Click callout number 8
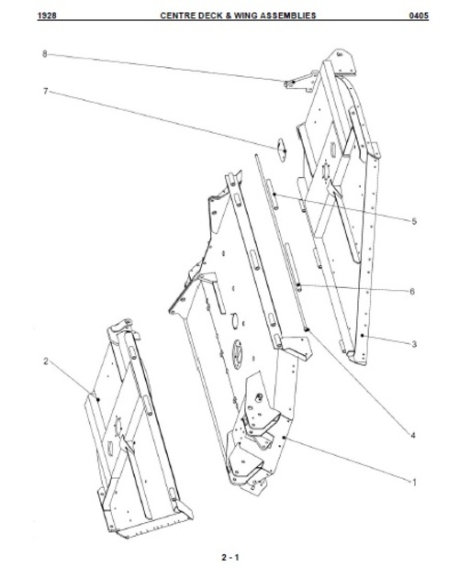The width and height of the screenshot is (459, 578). (45, 54)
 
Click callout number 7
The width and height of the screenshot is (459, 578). (46, 91)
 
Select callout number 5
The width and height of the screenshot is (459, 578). (414, 221)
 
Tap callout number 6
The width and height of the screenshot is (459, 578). (412, 292)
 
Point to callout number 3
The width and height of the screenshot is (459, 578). (414, 344)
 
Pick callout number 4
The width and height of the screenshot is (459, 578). (413, 436)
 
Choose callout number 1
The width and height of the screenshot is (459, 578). (414, 483)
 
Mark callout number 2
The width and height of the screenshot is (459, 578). (46, 361)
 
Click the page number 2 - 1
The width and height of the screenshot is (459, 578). (230, 557)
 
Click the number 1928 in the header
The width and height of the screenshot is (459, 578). (47, 16)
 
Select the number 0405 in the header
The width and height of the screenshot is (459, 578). (419, 16)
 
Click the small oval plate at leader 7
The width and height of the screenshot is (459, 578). (282, 150)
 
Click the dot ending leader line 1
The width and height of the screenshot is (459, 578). (284, 438)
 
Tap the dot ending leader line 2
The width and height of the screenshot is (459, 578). (98, 399)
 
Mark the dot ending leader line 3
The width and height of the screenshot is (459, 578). (363, 336)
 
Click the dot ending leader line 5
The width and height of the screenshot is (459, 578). (274, 194)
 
